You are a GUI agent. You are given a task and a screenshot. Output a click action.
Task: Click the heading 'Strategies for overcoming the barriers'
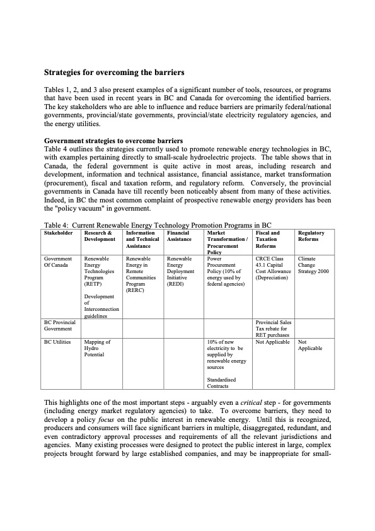(113, 73)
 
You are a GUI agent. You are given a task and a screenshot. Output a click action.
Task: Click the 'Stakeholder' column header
(59, 233)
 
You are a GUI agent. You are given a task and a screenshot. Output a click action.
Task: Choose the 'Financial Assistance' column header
(179, 236)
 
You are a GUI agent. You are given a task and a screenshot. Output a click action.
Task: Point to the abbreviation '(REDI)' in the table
(175, 284)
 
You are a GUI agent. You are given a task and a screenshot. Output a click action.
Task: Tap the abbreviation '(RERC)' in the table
(135, 291)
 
